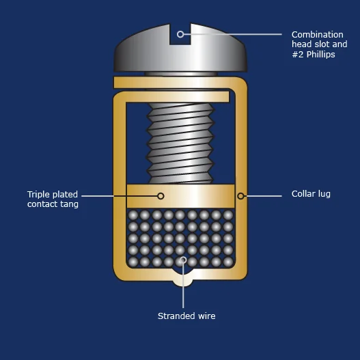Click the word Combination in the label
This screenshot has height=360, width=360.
coord(318,35)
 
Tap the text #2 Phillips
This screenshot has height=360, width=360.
coord(314,55)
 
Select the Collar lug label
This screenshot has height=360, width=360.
coord(311,194)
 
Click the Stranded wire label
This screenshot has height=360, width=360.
coord(186,316)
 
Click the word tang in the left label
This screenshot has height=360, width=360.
coord(70,204)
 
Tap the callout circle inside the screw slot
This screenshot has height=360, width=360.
coord(180,34)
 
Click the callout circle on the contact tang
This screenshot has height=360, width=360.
coord(161,196)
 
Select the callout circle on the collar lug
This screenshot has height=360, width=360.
coord(240,196)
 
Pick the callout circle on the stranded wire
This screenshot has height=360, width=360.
coord(183,260)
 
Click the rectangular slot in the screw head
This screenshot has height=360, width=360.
coord(180,33)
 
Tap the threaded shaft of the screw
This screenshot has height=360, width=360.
coord(180,143)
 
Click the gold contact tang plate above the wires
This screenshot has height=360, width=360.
coord(181,196)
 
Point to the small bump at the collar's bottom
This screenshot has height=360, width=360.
coord(183,282)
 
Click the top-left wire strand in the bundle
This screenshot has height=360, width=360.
coord(133,215)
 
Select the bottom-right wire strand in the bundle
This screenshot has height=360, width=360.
coord(228,262)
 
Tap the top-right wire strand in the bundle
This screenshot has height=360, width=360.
coord(228,215)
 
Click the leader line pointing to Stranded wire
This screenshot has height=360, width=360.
coord(183,286)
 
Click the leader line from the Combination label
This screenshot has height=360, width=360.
coord(233,34)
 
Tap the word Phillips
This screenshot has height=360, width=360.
coord(321,55)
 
